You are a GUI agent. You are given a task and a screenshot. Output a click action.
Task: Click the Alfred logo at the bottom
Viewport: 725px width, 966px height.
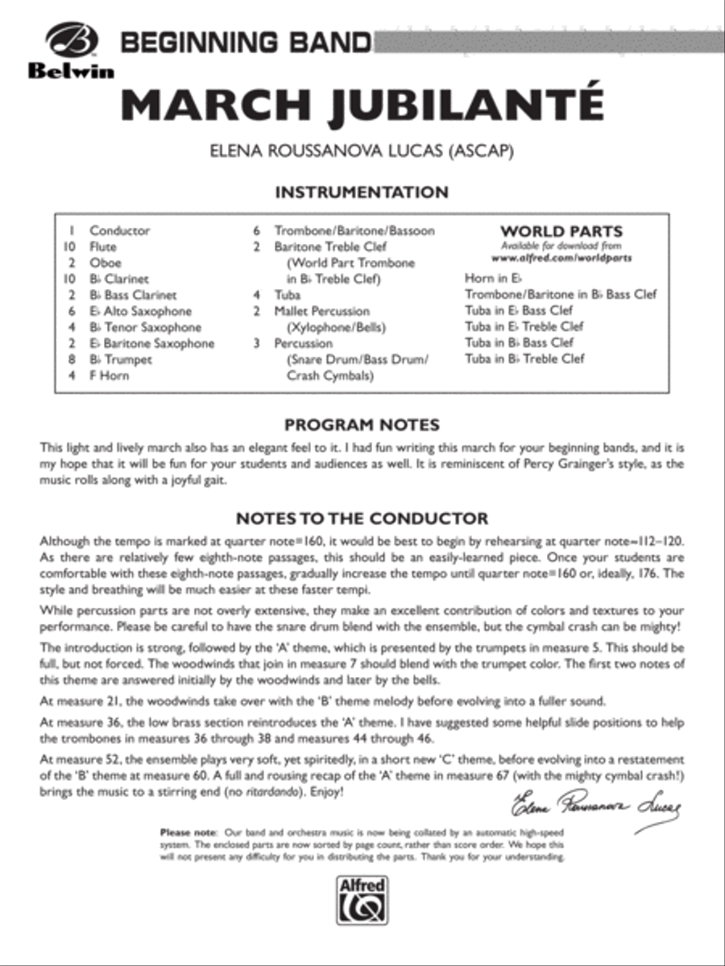click(362, 899)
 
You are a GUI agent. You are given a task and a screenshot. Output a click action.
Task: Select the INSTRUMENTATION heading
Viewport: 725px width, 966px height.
click(362, 192)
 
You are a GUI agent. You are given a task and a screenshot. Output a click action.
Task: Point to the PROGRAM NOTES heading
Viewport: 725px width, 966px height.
click(362, 424)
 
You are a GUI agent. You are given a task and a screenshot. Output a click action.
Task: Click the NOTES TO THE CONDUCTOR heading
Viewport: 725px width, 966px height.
click(362, 518)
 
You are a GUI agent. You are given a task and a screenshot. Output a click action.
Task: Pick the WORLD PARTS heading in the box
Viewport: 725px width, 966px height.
click(561, 231)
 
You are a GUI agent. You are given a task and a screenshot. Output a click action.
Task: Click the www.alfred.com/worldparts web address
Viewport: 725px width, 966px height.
click(561, 258)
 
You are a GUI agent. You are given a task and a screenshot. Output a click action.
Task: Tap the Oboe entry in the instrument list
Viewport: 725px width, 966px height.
click(106, 263)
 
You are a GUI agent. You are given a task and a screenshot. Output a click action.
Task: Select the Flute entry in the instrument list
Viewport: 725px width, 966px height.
click(103, 247)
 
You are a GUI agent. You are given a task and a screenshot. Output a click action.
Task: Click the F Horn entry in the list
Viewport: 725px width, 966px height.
click(109, 376)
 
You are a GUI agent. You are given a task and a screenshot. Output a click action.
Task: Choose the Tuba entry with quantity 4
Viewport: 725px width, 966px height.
click(288, 295)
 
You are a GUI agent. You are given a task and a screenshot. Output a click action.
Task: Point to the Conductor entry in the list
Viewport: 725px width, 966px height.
click(119, 231)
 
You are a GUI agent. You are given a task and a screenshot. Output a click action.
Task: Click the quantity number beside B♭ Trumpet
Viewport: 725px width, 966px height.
click(72, 360)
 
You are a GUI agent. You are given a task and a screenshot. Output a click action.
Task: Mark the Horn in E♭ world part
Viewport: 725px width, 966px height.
click(495, 279)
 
